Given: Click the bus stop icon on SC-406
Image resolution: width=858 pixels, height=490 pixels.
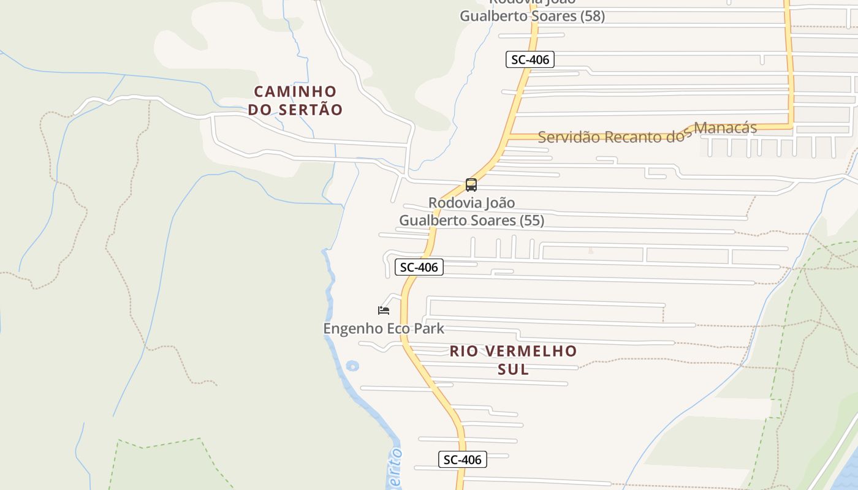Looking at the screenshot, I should tap(471, 184).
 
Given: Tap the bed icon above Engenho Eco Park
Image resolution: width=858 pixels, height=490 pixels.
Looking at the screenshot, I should tap(384, 311).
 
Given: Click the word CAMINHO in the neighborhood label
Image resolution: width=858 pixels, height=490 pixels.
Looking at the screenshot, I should tap(295, 91).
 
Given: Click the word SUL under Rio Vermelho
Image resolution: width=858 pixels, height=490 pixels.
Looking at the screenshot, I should tap(514, 369).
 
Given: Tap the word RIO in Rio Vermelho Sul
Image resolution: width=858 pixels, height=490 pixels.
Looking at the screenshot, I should tap(463, 351).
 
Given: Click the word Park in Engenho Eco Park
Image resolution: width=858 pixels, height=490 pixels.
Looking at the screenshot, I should tap(429, 328).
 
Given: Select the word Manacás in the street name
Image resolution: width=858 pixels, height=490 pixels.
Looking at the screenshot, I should tap(726, 129).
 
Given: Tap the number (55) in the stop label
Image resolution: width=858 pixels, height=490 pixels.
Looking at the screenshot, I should tap(532, 221).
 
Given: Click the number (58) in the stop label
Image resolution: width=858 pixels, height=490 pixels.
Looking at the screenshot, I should tap(593, 16).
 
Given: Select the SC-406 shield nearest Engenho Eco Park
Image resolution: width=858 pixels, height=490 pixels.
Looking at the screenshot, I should tap(419, 267).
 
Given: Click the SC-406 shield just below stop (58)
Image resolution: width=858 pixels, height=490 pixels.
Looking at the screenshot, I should tap(530, 59).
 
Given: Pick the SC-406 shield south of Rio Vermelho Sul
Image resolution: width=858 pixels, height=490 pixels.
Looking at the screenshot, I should tap(463, 459).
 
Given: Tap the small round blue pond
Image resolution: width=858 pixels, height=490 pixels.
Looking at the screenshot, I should tap(352, 366).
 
